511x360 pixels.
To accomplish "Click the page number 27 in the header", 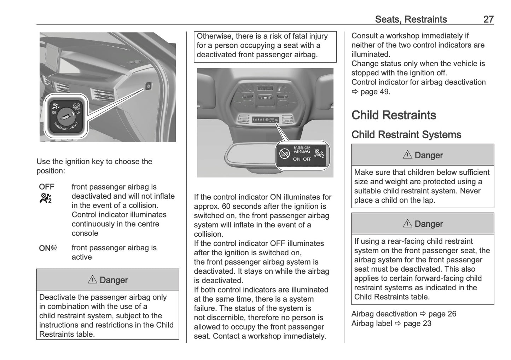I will point(488,19).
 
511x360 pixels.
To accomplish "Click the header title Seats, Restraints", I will point(411,19).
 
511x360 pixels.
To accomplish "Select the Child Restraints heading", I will point(394,115).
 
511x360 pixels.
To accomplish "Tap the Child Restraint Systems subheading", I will point(406,135).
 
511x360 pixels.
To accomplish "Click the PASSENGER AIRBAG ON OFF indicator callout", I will point(302,154).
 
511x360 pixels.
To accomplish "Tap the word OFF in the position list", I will point(47,187).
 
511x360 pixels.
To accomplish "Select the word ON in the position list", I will point(45,248).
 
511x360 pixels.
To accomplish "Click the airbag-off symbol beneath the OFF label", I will point(46,198).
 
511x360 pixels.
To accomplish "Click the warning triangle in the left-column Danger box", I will point(92,280).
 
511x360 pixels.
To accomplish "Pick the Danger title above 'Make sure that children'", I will point(423,155).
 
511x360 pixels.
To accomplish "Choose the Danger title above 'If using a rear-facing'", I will point(423,224).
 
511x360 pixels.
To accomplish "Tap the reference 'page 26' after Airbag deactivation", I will point(442,314).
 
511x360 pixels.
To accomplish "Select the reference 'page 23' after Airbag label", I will point(417,323).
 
